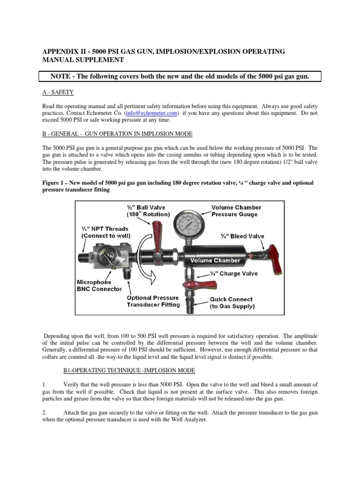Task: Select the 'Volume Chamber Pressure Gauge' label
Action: click(236, 211)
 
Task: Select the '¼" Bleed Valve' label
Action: click(242, 235)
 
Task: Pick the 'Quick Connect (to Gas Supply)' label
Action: click(231, 302)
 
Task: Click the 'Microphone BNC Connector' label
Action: click(99, 285)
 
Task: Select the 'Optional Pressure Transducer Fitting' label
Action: click(153, 301)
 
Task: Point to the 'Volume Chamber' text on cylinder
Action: click(215, 260)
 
